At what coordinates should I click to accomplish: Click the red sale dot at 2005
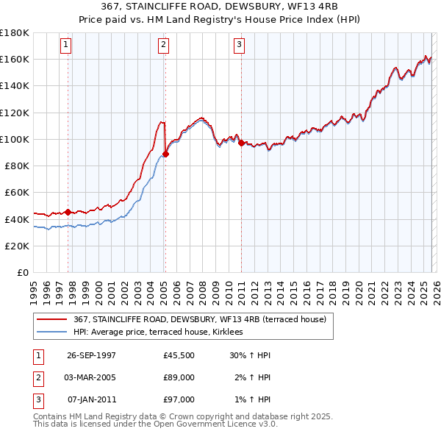tap(165, 154)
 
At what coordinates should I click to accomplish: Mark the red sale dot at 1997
tap(68, 212)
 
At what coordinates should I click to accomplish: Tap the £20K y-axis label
tap(17, 246)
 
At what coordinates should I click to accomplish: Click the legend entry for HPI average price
tap(162, 332)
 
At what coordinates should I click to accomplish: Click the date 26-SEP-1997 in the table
tap(91, 355)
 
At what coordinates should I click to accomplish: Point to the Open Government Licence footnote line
tap(156, 424)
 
